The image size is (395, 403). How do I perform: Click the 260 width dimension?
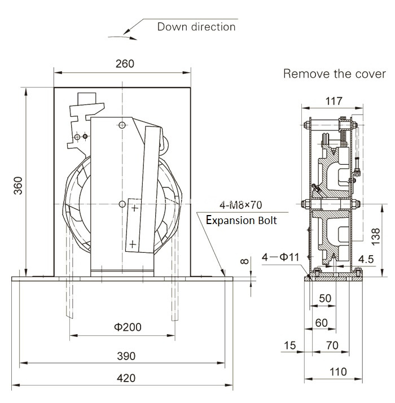click(x=124, y=63)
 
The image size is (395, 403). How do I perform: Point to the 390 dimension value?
click(x=126, y=356)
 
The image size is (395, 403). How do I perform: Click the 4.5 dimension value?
click(x=366, y=260)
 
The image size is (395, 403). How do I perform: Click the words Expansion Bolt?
click(x=242, y=220)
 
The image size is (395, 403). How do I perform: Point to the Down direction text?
click(x=196, y=27)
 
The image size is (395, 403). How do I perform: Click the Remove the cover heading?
click(x=334, y=74)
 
